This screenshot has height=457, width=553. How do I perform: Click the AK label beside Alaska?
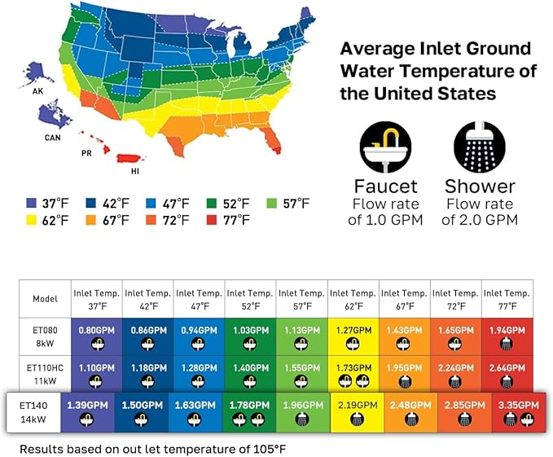coord(37,92)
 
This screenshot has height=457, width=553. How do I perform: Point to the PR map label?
coord(86,152)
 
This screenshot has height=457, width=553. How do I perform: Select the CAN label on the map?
coord(51,138)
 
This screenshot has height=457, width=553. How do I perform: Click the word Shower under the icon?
coord(480,186)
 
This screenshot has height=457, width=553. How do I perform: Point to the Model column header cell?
coord(45,299)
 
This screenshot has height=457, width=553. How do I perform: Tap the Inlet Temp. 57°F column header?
coord(301,299)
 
